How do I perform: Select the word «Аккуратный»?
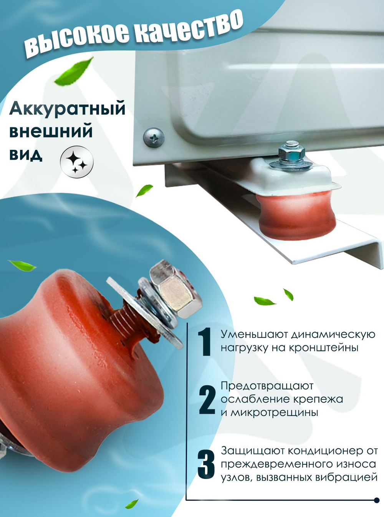pos(67,108)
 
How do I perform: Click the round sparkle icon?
pos(77,162)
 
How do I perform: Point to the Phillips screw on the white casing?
pos(154,137)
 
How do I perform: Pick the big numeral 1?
pos(204,342)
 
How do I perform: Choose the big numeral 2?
pos(207,400)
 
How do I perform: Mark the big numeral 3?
pos(206,464)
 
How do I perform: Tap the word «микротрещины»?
pos(274,413)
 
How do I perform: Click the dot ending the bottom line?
pos(376,500)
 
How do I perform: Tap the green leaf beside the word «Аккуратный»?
pos(74,71)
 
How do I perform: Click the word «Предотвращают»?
pos(267,386)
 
